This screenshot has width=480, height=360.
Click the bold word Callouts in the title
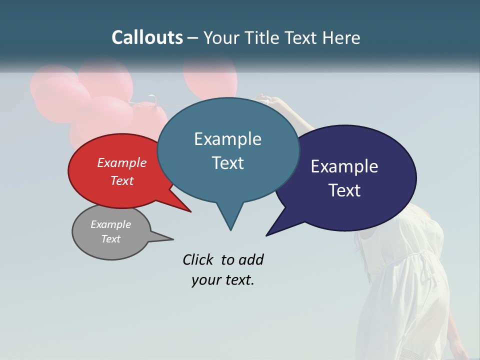pos(147,37)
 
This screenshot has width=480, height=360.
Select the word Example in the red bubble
pos(122,162)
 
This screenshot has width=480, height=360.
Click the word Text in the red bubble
pos(122,180)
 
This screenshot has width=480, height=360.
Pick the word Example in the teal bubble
pos(227,139)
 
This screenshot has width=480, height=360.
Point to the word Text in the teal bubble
pos(227,162)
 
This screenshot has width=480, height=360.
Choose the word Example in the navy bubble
pos(344,166)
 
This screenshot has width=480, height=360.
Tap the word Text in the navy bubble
pos(344,190)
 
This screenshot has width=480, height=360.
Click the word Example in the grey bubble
pos(110,224)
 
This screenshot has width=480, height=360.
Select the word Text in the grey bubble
pos(110,239)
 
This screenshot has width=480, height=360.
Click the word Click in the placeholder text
pos(198,259)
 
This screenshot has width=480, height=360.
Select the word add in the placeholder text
pos(251,259)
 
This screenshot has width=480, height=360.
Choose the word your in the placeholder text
pos(205,280)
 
